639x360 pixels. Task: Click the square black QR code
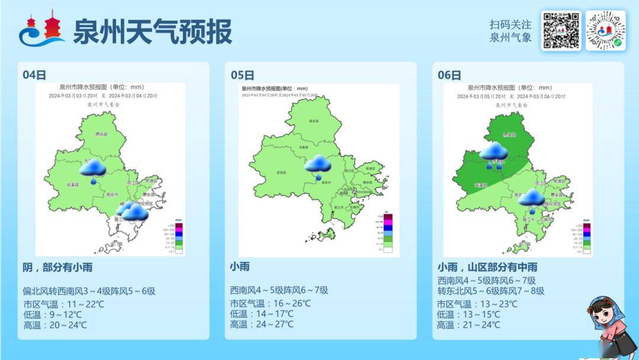560,31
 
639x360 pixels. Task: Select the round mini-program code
605,31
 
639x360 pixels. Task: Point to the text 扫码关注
511,25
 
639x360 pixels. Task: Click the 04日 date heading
34,75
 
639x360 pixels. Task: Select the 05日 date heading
242,75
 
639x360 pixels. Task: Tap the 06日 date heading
449,75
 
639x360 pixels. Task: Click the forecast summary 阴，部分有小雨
57,267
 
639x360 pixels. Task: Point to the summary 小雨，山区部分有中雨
488,267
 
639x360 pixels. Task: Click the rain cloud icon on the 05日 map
318,165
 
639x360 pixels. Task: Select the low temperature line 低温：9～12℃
53,314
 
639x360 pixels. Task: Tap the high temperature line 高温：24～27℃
262,324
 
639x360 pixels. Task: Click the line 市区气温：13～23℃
477,304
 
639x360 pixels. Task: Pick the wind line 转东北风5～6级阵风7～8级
490,291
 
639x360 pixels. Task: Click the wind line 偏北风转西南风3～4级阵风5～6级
89,291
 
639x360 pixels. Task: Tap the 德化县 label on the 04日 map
102,134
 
